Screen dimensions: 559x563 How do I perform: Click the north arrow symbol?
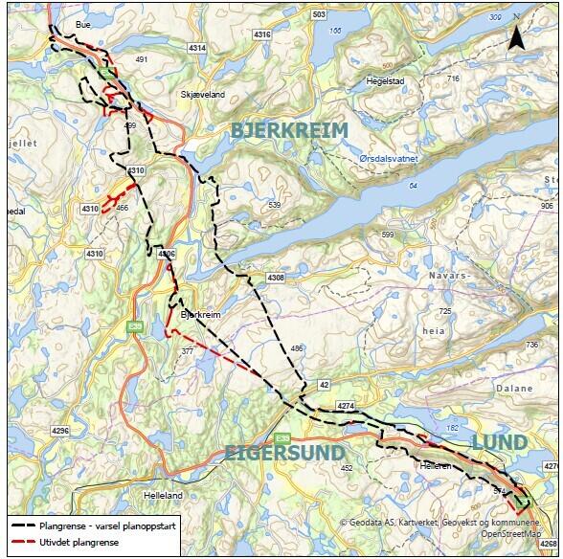coord(516,35)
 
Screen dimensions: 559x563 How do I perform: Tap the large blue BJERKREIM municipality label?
coord(289,132)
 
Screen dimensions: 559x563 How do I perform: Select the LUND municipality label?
coord(499,441)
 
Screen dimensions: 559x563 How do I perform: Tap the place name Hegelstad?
coord(386,81)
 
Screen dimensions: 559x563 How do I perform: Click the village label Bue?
coord(82,26)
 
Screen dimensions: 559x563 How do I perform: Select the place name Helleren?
coord(434,465)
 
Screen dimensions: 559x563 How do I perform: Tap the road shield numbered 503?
coord(319,15)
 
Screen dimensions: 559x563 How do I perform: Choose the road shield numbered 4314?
coord(198,48)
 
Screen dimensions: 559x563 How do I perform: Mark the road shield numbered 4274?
coord(347,407)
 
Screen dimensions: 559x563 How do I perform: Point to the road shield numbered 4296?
coord(60,431)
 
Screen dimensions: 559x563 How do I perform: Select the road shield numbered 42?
coord(324,384)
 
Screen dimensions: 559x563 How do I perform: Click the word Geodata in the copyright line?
coord(368,523)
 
